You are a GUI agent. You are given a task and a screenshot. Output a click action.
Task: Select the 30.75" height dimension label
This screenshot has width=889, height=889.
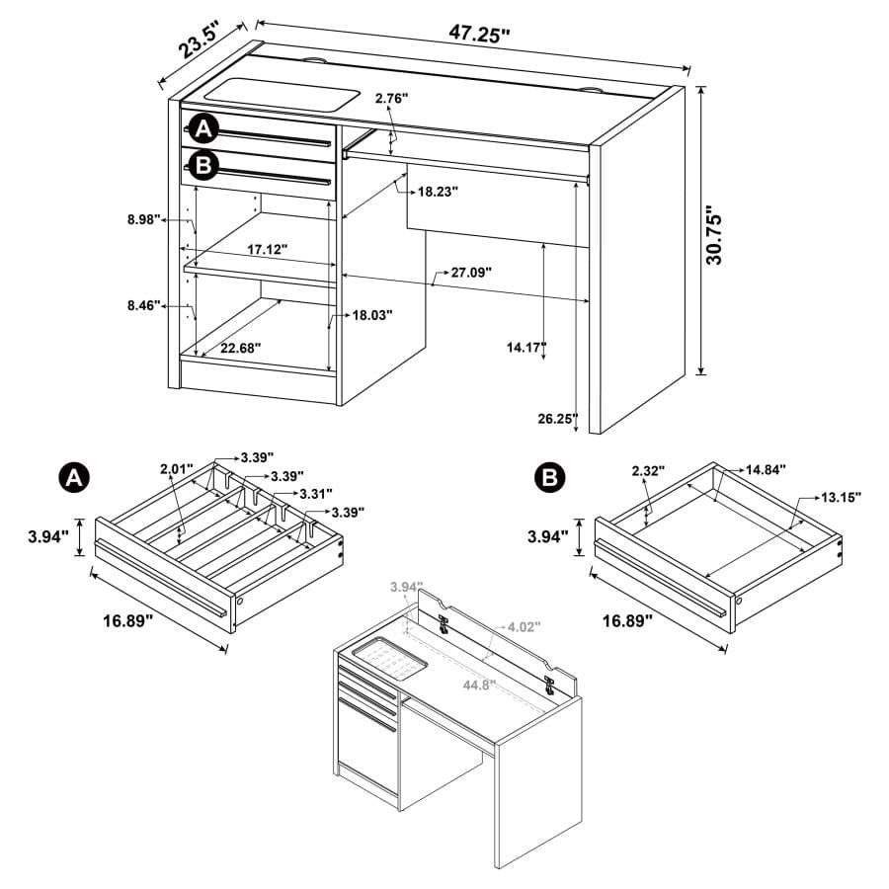[718, 235]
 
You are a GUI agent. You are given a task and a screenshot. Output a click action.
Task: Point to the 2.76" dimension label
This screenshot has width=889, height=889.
[391, 98]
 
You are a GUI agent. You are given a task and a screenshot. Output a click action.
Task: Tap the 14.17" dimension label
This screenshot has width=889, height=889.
[525, 347]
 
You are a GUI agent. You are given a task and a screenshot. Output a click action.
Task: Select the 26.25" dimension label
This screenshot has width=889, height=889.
[557, 418]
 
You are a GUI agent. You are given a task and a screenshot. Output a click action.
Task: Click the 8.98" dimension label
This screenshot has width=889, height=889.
[144, 220]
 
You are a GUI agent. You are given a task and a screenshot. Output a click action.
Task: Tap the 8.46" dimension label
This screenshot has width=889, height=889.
[144, 306]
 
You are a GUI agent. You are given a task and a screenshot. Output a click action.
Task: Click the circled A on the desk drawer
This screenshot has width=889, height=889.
[202, 128]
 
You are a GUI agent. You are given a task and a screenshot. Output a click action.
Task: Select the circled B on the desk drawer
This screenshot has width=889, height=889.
[202, 165]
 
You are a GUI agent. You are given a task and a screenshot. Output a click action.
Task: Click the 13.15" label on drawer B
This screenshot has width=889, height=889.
[840, 497]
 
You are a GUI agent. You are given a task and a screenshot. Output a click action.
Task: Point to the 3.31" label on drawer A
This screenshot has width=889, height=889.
[315, 493]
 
